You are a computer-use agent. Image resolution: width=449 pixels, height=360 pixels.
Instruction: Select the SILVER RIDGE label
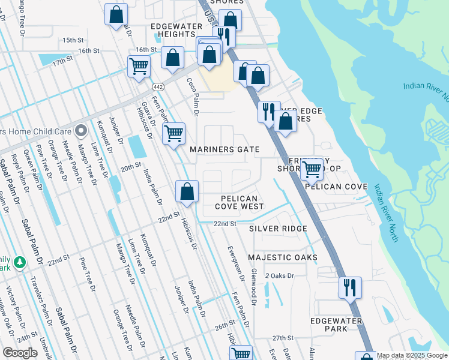click(x=278, y=229)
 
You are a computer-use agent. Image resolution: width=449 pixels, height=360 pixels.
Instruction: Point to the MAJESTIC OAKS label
click(x=282, y=257)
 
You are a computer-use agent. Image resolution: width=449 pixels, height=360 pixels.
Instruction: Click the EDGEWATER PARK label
click(x=336, y=325)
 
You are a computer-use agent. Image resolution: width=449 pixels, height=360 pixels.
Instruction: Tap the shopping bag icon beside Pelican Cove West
click(x=187, y=191)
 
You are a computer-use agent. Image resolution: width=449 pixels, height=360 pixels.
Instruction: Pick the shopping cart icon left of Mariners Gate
click(x=173, y=133)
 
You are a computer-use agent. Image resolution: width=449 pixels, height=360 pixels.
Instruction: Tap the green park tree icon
click(x=20, y=262)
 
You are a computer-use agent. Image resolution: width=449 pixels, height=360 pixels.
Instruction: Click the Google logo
click(x=20, y=353)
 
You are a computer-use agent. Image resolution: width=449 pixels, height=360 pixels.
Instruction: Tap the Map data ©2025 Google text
click(x=412, y=355)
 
